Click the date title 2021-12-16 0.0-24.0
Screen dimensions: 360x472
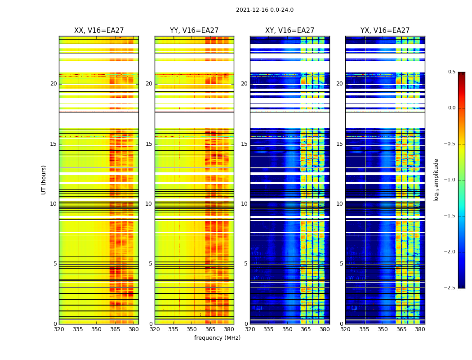tap(264, 10)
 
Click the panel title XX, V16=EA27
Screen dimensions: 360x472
tap(99, 31)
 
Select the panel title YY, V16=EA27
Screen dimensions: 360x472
tap(194, 31)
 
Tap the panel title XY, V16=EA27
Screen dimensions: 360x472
tap(289, 31)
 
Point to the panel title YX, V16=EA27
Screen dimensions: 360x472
tap(385, 31)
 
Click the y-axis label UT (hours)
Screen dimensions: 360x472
tap(44, 180)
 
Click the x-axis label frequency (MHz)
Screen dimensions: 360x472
tap(217, 338)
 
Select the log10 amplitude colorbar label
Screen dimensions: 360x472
tap(436, 180)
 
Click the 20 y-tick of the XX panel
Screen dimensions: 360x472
tap(54, 84)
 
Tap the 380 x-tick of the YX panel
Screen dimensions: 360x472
tap(420, 329)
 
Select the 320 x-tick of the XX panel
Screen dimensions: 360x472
tap(59, 329)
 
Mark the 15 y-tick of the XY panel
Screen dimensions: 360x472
tap(245, 144)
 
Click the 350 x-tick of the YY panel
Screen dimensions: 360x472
tap(192, 329)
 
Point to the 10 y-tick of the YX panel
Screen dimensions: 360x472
tap(340, 204)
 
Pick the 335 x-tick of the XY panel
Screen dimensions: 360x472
tap(269, 329)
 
